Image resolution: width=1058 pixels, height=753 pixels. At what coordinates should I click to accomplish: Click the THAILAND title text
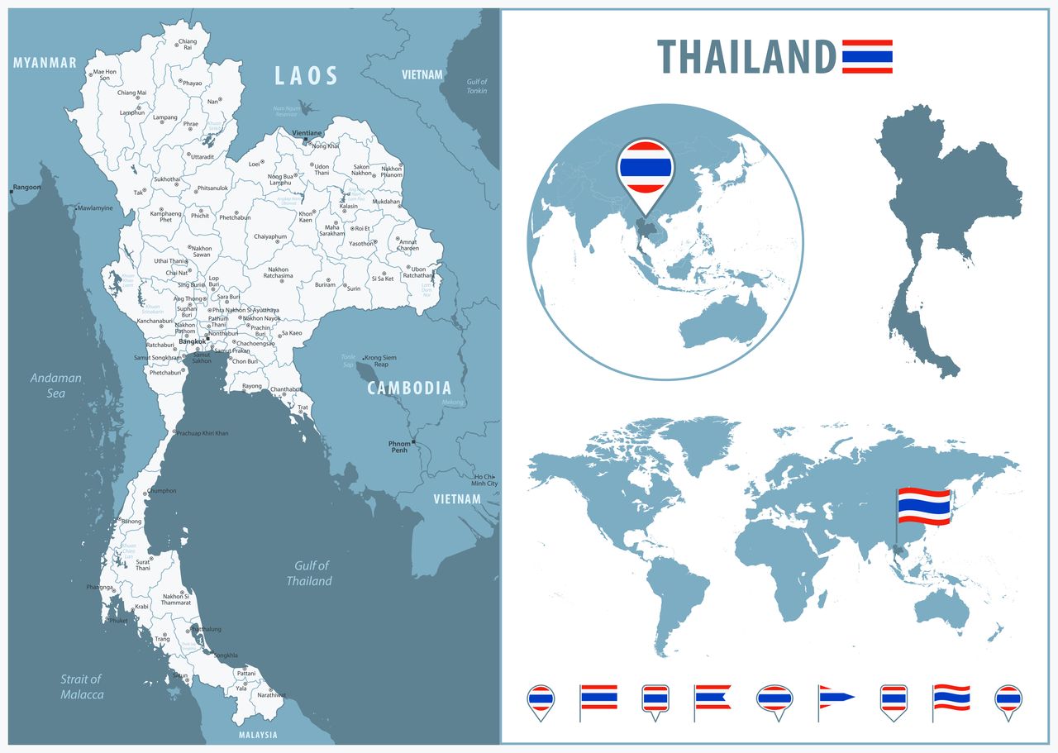(x=746, y=57)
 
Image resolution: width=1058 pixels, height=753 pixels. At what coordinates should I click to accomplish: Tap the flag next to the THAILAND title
(x=867, y=57)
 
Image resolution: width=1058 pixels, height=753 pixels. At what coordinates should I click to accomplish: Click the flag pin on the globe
(x=646, y=170)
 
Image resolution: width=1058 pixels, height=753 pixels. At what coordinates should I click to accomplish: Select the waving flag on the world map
(x=924, y=505)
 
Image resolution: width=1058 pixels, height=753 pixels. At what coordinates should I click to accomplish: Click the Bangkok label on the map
(x=192, y=341)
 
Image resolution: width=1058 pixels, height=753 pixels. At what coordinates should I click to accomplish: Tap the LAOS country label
(x=306, y=77)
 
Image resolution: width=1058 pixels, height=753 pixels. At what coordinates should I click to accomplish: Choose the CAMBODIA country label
(x=409, y=388)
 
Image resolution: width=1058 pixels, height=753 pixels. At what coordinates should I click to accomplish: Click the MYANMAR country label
(x=45, y=63)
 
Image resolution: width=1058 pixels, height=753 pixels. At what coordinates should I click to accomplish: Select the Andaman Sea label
(x=56, y=385)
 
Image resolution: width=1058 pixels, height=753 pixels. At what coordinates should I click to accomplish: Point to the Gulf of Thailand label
(x=310, y=573)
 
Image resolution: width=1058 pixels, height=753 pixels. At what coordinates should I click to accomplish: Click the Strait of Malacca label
(x=82, y=687)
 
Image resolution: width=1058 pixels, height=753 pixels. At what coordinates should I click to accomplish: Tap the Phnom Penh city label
(x=399, y=447)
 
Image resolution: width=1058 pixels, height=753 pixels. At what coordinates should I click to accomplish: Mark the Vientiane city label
(x=307, y=132)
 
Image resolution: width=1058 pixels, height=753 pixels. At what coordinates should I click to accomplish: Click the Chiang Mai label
(x=131, y=93)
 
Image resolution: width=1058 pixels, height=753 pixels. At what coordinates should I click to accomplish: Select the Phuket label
(x=119, y=620)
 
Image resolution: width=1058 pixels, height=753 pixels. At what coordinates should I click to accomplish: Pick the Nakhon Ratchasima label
(x=278, y=273)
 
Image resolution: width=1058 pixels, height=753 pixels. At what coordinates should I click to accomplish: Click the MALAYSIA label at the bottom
(x=258, y=735)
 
